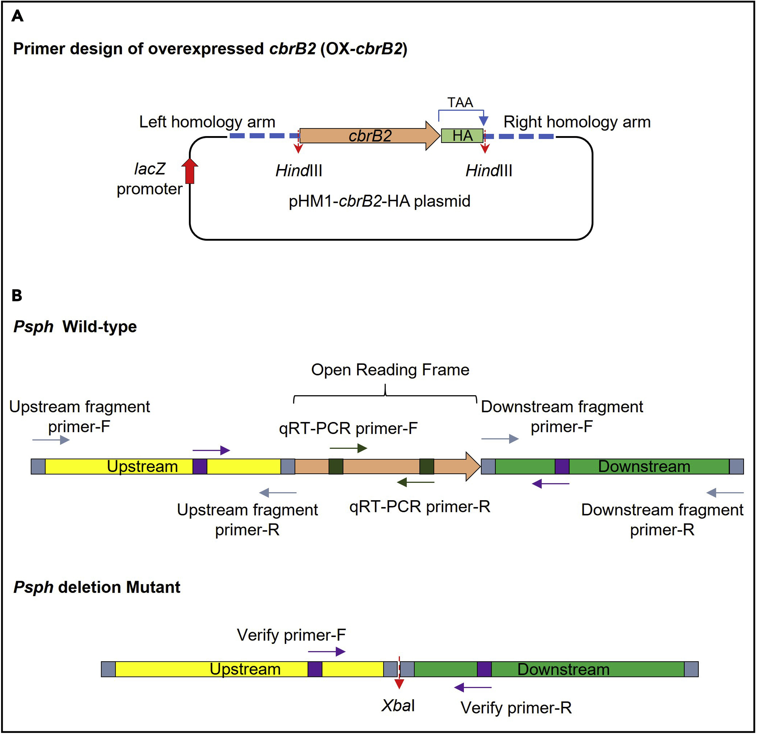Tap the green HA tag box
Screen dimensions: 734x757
462,135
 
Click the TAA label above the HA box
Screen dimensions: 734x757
460,103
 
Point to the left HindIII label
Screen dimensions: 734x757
299,171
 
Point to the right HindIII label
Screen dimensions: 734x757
489,171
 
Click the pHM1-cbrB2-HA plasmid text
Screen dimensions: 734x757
379,201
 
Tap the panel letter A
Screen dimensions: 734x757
17,16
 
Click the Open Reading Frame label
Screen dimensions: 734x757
390,370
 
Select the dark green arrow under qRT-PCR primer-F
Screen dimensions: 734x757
348,448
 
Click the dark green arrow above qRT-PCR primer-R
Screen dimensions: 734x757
416,482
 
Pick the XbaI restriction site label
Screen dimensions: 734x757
398,706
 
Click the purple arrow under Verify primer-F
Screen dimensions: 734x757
326,652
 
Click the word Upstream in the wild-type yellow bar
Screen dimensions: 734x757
142,467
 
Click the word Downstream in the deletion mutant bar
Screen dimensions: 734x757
563,669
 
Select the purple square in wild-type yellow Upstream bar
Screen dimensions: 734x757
200,467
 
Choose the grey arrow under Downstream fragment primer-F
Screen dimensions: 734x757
500,438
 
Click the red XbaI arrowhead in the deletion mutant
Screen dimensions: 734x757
399,684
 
